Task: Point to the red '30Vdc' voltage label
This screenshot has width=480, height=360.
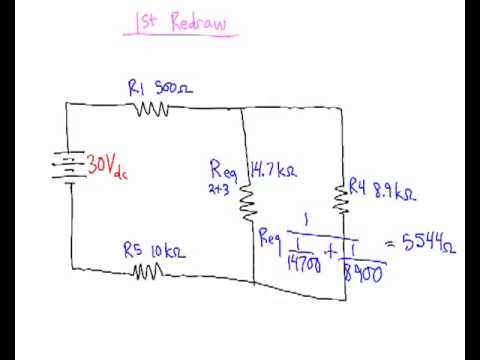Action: [107, 165]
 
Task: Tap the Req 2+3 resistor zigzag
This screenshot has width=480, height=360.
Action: [247, 202]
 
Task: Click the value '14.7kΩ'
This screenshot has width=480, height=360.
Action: [274, 170]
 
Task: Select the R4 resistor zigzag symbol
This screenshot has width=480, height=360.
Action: [342, 198]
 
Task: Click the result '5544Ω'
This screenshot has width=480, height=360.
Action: [427, 241]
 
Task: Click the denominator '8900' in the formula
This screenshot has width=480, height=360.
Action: [363, 270]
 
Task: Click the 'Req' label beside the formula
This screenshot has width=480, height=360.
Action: [269, 237]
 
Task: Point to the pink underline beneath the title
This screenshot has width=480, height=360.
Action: [181, 36]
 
